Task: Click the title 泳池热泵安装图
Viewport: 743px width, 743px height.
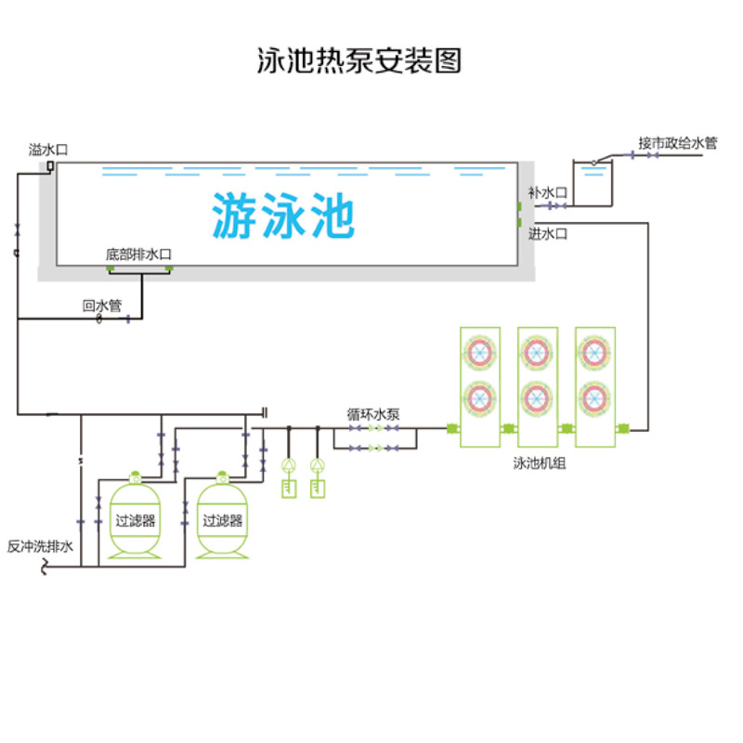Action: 358,61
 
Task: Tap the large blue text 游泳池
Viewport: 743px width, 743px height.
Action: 283,215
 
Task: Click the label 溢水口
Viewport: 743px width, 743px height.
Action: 48,149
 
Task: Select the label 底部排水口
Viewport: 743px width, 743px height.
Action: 139,254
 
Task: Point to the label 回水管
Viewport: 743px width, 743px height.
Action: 102,306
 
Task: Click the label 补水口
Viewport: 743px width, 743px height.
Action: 547,192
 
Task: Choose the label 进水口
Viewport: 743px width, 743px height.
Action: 547,234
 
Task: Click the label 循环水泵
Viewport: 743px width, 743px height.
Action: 373,415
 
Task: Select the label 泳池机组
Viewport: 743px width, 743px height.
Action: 539,463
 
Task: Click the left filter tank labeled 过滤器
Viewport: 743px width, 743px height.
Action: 136,520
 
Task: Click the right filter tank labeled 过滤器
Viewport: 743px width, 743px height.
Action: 223,520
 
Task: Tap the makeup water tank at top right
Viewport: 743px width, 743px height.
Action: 593,184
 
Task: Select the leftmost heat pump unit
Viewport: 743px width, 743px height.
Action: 481,385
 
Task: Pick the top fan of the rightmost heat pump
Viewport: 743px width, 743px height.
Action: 595,351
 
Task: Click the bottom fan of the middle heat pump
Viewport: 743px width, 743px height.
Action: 538,397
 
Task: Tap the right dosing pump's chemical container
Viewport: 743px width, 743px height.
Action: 319,488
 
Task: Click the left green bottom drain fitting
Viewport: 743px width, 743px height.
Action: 110,269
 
